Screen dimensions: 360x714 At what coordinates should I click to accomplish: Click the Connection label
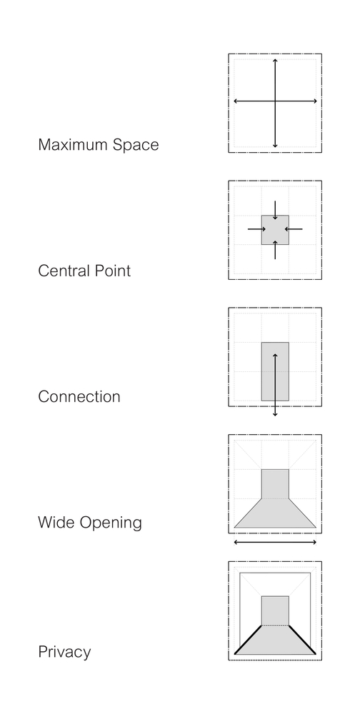[79, 396]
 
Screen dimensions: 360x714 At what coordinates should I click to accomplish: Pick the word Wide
[56, 523]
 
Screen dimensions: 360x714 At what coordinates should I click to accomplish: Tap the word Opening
[111, 523]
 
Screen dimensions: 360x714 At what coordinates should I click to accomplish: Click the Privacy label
[64, 652]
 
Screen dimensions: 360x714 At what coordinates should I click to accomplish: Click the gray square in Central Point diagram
[275, 230]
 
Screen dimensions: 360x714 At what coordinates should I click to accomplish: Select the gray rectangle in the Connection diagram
[275, 371]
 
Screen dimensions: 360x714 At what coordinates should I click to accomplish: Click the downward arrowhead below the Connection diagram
[275, 414]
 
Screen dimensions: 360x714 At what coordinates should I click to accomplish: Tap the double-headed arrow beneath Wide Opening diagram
[275, 543]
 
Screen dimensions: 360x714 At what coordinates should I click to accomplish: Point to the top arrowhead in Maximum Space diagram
[275, 61]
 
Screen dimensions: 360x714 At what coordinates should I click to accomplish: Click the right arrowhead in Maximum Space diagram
[315, 101]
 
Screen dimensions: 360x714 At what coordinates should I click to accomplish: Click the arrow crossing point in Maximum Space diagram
[275, 101]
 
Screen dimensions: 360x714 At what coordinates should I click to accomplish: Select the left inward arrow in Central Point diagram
[256, 229]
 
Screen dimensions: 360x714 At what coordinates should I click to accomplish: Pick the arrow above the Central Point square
[275, 211]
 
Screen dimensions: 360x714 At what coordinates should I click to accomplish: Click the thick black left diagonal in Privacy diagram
[248, 640]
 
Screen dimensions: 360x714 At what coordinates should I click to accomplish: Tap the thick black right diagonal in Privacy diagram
[303, 640]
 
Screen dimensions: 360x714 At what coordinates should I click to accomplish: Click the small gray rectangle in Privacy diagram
[275, 610]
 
